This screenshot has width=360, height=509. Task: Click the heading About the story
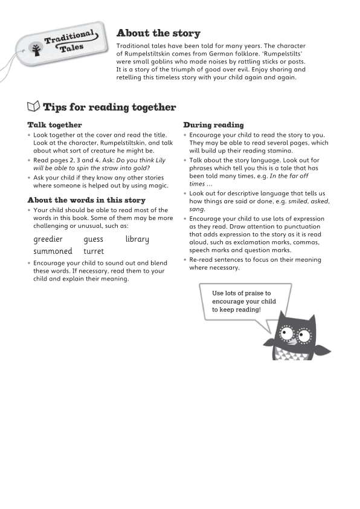(x=158, y=33)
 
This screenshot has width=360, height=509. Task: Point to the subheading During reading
(x=213, y=125)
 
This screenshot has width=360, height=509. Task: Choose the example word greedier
(x=48, y=239)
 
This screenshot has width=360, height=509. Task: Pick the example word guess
(x=94, y=239)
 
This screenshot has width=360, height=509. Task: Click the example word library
(x=137, y=239)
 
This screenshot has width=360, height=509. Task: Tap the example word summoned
(x=53, y=251)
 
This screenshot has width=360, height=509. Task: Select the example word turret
(x=94, y=251)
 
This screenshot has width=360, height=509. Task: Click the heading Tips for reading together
(x=109, y=108)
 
